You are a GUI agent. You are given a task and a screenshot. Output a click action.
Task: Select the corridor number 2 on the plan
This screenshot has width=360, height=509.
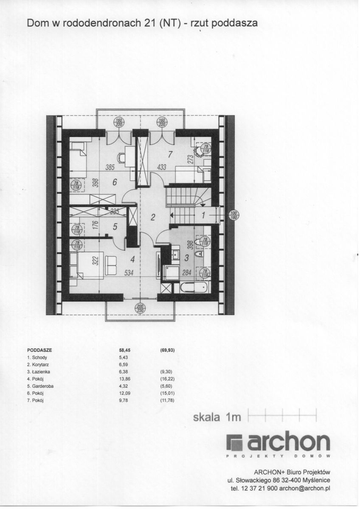153,217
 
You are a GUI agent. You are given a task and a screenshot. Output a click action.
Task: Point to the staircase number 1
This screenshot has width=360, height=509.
203,215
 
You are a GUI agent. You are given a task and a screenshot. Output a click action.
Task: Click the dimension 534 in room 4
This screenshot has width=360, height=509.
129,274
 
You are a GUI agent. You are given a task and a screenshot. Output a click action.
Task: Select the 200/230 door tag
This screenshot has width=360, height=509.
140,309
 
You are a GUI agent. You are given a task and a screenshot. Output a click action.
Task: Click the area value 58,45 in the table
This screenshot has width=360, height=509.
124,351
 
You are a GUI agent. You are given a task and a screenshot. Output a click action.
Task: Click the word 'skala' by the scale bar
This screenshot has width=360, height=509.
207,417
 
